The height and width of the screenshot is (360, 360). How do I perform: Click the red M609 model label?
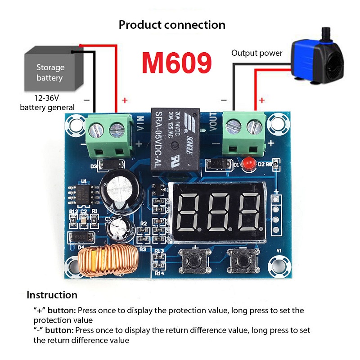176,63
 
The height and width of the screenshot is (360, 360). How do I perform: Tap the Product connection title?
172,25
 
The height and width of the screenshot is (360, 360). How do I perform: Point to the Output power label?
257,53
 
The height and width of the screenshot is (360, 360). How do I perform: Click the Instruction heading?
52,295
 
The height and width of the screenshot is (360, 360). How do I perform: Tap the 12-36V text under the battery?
47,97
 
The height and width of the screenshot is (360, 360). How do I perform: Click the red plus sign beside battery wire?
125,100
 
